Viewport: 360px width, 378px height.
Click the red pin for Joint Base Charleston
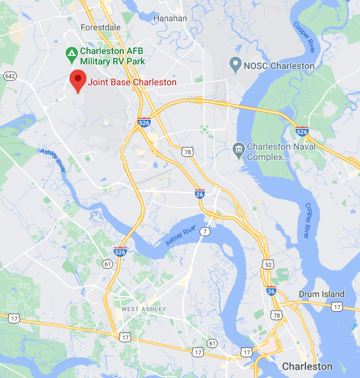pos(78,81)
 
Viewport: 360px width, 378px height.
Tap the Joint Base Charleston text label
pos(132,83)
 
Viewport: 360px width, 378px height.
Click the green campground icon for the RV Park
pos(70,52)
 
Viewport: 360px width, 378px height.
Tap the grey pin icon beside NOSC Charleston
pos(235,65)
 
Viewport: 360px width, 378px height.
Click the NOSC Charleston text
pos(279,66)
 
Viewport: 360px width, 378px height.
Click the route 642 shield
pos(9,76)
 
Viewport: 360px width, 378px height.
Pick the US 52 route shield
pos(268,264)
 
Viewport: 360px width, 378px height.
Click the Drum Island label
pos(320,294)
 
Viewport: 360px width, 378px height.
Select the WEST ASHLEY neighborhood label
pos(144,308)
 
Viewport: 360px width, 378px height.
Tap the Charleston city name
pos(307,367)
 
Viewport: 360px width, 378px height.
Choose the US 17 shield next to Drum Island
pos(335,306)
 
